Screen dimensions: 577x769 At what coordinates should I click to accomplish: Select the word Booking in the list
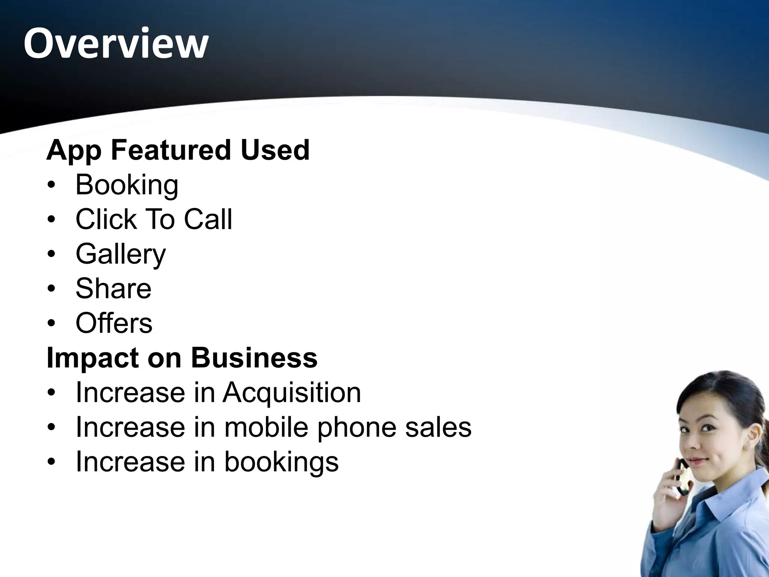pyautogui.click(x=127, y=185)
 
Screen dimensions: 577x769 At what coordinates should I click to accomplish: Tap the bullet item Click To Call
pyautogui.click(x=154, y=219)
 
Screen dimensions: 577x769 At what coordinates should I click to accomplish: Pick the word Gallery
pyautogui.click(x=121, y=254)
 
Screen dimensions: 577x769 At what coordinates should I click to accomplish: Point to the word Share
pyautogui.click(x=113, y=288)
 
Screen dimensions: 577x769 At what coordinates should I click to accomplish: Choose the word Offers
pyautogui.click(x=114, y=323)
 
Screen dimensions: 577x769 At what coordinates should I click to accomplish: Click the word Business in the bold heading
pyautogui.click(x=254, y=358)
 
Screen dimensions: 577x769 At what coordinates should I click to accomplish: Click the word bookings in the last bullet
pyautogui.click(x=281, y=462)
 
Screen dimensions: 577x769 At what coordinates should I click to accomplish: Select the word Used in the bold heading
pyautogui.click(x=275, y=150)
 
